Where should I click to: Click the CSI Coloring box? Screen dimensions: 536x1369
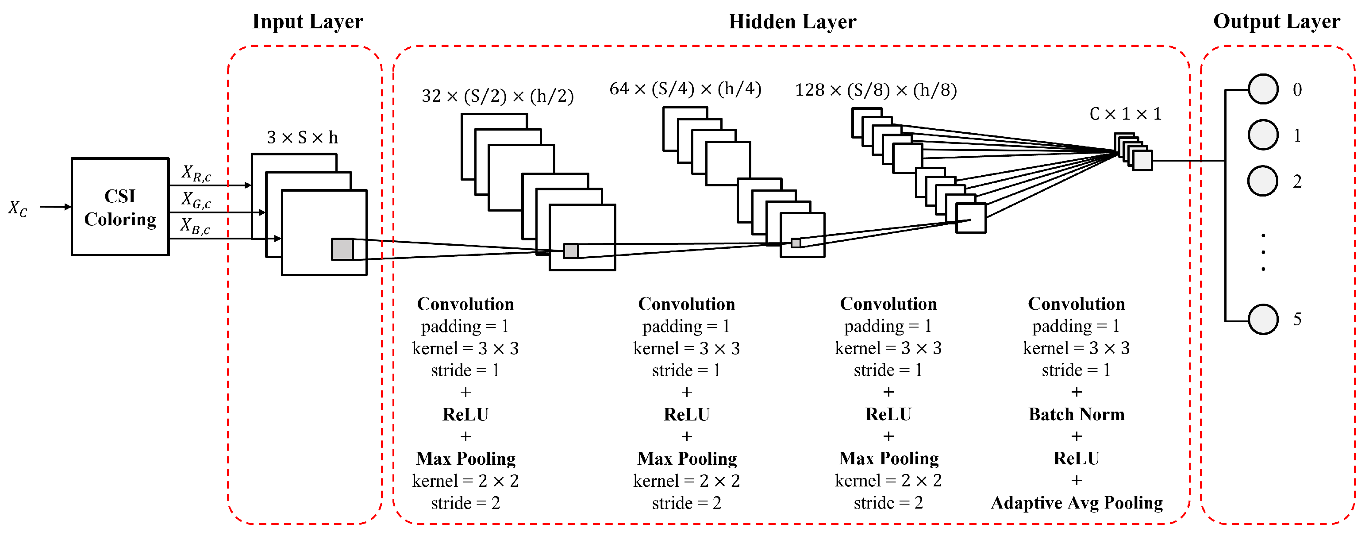(x=120, y=207)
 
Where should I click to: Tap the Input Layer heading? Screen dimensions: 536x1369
(x=307, y=22)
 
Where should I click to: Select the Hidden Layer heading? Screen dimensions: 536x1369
(x=792, y=22)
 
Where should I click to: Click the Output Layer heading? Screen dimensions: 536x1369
(x=1276, y=22)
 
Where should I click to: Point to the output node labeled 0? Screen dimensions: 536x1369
(x=1263, y=89)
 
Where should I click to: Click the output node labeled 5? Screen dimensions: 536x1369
(x=1263, y=319)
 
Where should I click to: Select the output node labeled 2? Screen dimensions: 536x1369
(x=1263, y=181)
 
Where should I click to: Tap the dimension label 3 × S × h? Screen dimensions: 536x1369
(x=302, y=138)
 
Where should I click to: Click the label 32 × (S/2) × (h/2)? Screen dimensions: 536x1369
(x=497, y=96)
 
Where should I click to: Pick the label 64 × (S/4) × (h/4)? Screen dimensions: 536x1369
(x=685, y=89)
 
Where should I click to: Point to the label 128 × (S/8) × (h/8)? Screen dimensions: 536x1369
(x=875, y=90)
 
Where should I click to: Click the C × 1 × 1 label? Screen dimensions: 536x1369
(x=1125, y=114)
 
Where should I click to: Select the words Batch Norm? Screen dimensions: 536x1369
(x=1076, y=414)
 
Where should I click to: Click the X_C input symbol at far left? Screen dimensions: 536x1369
(x=18, y=208)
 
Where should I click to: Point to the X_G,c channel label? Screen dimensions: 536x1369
(x=196, y=200)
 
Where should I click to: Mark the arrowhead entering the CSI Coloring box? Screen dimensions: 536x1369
(x=68, y=207)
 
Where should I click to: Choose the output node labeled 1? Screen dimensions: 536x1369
(x=1263, y=135)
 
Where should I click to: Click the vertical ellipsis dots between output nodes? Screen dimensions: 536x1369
(x=1263, y=252)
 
